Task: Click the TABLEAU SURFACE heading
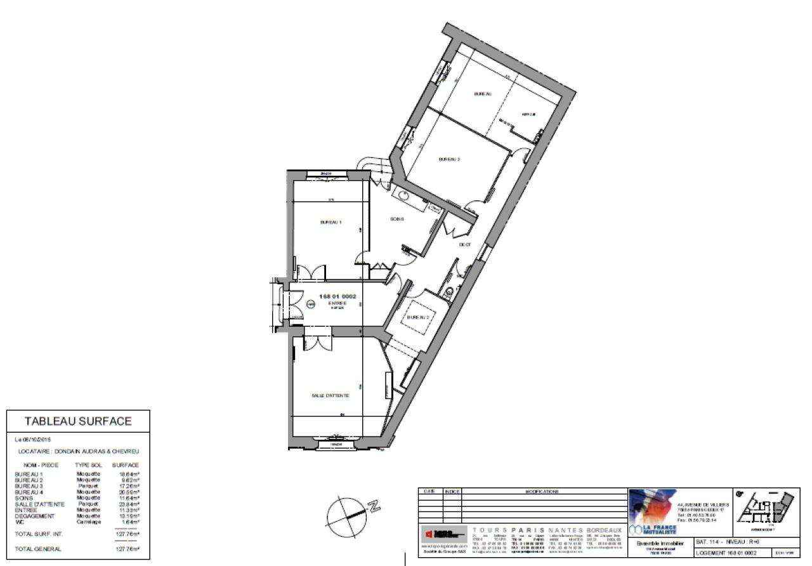78,421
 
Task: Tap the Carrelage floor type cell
88,522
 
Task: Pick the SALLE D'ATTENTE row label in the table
39,504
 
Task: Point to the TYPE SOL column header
88,465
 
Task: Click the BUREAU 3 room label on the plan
449,159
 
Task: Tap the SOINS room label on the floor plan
397,220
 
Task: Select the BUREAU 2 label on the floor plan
419,317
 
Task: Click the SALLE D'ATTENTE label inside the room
331,395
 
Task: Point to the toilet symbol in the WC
449,293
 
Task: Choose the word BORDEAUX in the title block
604,530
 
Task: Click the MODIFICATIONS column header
543,492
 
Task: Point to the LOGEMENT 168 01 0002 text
726,553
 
